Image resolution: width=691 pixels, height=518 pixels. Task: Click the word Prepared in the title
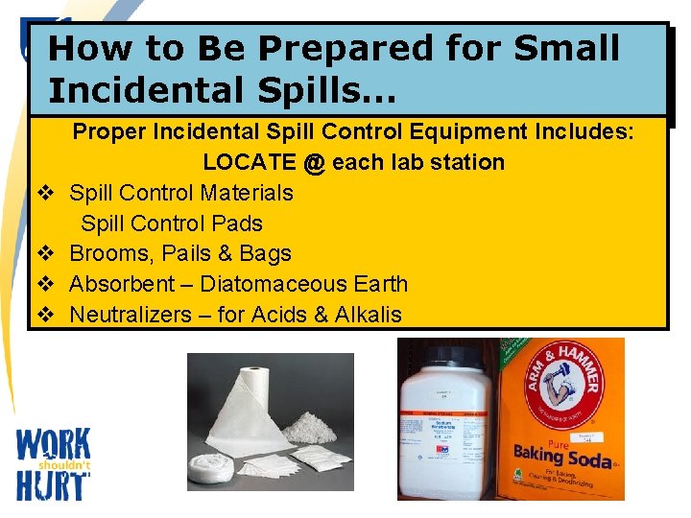coord(287,49)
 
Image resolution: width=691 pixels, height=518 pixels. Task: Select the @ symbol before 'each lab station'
coord(314,162)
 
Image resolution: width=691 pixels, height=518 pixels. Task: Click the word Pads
coord(236,224)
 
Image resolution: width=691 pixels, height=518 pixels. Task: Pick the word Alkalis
coord(369,315)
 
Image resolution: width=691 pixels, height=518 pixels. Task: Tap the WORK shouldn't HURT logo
coord(54,462)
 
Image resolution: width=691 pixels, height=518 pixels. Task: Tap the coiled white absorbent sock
coord(207,469)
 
